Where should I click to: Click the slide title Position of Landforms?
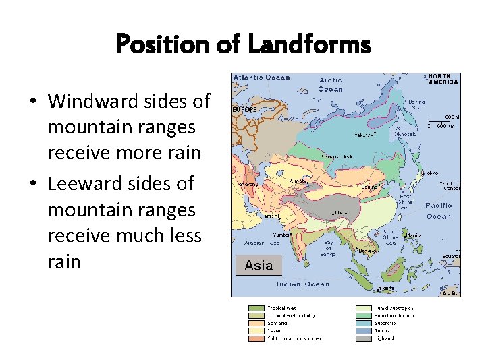243,45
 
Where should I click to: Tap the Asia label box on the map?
259,265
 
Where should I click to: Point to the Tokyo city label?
431,173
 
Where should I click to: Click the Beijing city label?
369,186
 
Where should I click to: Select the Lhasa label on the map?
342,212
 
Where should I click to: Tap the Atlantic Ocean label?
262,77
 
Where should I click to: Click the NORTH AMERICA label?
443,79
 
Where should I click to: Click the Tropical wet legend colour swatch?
256,308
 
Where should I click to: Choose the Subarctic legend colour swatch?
364,323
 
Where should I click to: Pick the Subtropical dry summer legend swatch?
256,338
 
